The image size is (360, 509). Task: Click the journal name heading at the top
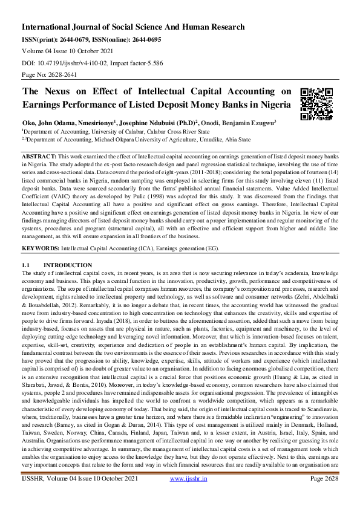[133, 27]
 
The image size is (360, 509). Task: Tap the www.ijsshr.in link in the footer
[188, 496]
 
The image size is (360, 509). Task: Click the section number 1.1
[26, 265]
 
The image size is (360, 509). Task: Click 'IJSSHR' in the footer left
[36, 496]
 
